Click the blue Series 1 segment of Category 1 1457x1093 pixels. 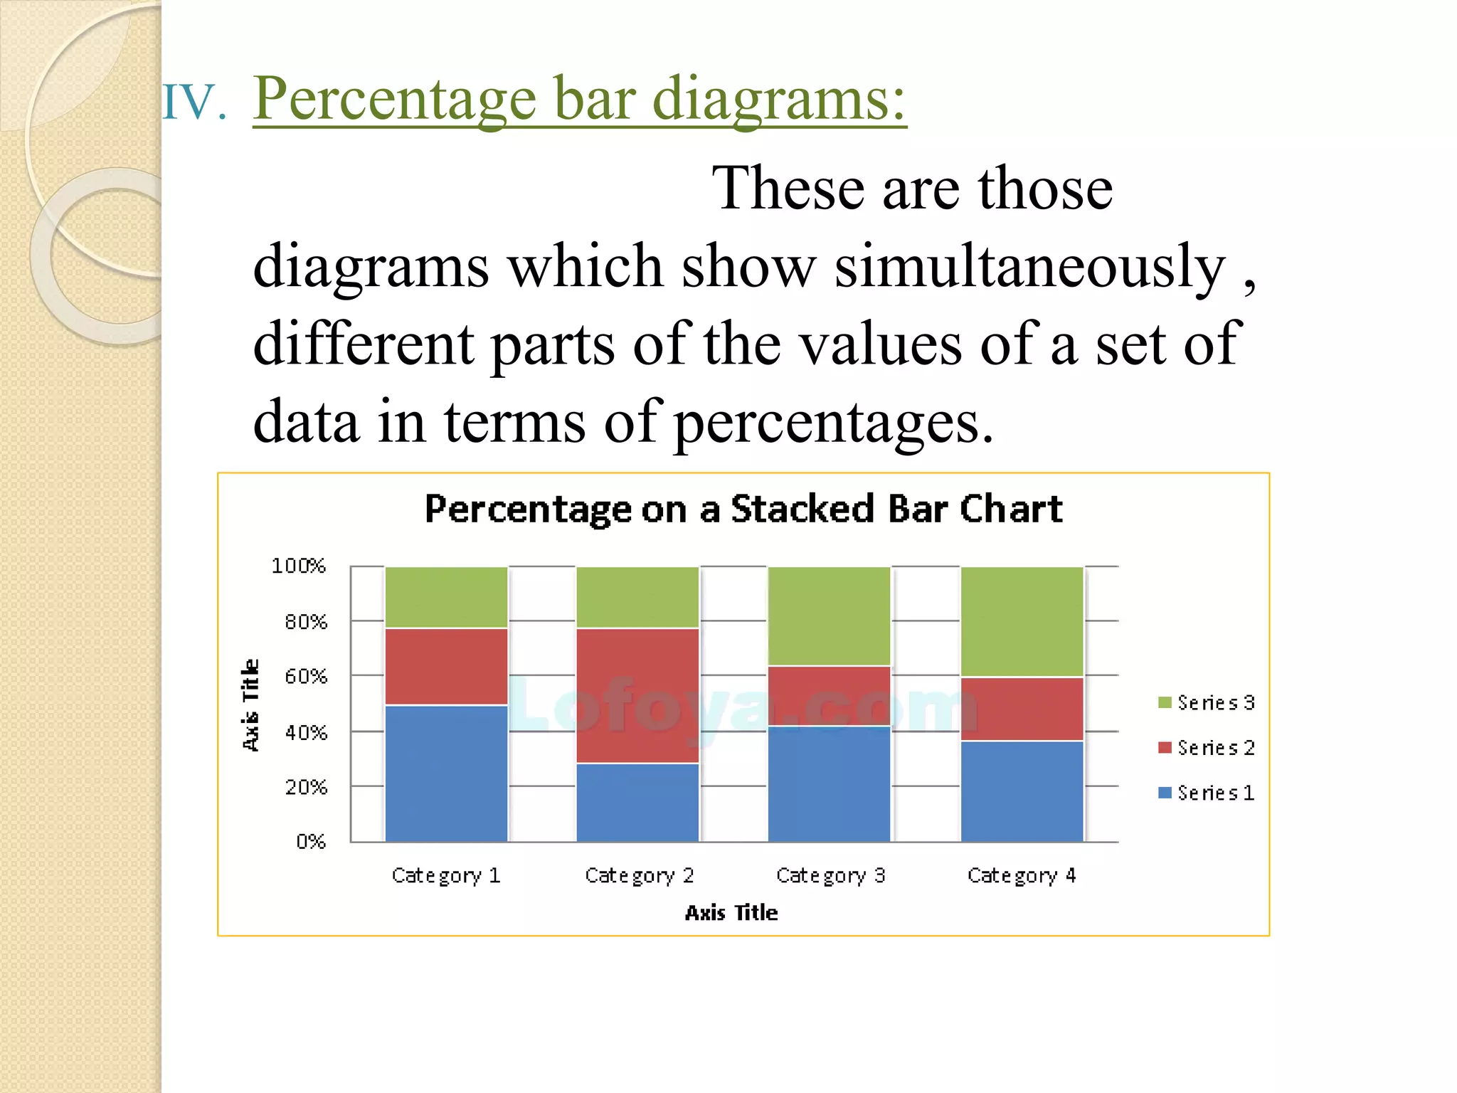tap(446, 773)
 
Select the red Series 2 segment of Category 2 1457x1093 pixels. tap(637, 695)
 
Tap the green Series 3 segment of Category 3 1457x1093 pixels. tap(829, 616)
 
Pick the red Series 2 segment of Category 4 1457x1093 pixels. tap(1022, 709)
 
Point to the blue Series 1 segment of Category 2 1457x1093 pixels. tap(637, 802)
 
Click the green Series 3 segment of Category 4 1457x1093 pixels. tap(1022, 621)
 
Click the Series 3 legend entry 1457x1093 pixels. tap(1207, 703)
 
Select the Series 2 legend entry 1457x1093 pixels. tap(1207, 748)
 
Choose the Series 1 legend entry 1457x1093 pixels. tap(1207, 793)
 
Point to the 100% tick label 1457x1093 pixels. tap(298, 566)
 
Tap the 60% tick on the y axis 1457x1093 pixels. tap(306, 676)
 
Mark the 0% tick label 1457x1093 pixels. tap(311, 842)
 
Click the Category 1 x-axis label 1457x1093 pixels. tap(446, 875)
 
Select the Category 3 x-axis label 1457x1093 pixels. tap(830, 875)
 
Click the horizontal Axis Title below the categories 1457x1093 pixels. tap(731, 913)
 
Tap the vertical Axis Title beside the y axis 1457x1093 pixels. tap(250, 704)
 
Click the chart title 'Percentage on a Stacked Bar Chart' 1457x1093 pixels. tap(743, 509)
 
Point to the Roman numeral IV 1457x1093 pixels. tap(193, 102)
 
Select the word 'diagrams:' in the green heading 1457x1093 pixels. tap(779, 99)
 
